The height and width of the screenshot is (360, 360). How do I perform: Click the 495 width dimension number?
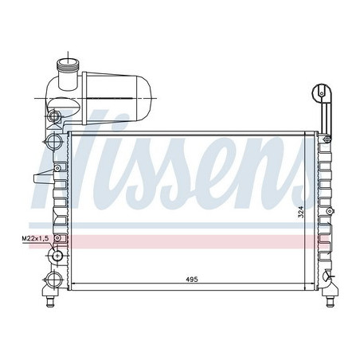pyautogui.click(x=191, y=280)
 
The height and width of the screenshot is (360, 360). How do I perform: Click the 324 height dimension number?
pyautogui.click(x=302, y=212)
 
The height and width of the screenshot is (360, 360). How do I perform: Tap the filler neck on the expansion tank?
pyautogui.click(x=68, y=67)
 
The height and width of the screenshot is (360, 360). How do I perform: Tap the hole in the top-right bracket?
pyautogui.click(x=322, y=91)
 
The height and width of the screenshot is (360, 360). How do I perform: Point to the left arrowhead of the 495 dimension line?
pyautogui.click(x=73, y=285)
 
